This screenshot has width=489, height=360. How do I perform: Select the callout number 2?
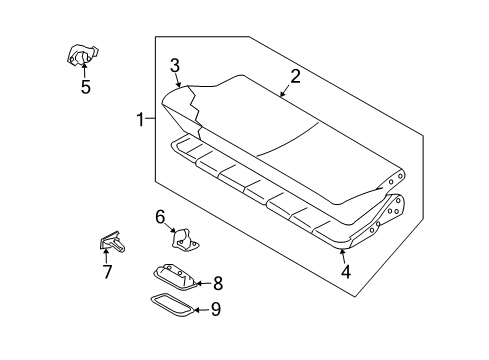click(295, 75)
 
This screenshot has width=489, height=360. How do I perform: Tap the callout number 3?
click(174, 68)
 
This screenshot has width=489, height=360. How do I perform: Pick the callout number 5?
click(85, 87)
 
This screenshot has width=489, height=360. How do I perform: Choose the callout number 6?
click(160, 216)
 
